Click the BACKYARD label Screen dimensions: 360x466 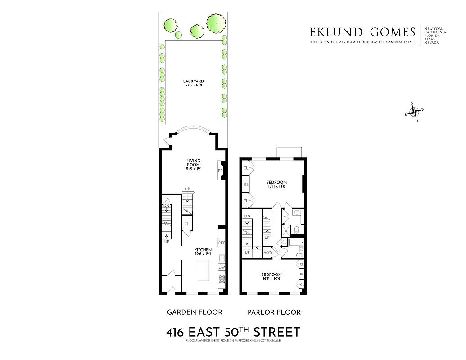pos(194,81)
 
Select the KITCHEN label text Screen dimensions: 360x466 pos(203,250)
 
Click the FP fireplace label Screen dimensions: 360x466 pos(221,171)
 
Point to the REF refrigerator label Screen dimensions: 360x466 pos(222,243)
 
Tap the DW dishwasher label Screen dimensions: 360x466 pos(222,267)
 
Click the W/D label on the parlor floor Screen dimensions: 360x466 pos(267,253)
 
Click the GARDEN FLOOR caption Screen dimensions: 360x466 pos(195,312)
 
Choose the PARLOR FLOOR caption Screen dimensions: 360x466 pos(274,312)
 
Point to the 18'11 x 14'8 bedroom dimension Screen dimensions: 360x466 pos(276,186)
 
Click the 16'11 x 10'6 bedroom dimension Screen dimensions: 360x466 pos(271,279)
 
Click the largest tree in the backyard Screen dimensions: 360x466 pos(216,22)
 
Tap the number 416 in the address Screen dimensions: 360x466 pos(175,333)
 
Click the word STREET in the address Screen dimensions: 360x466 pos(276,333)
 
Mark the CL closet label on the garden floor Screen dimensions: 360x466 pos(187,223)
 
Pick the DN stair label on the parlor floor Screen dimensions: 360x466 pos(247,216)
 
